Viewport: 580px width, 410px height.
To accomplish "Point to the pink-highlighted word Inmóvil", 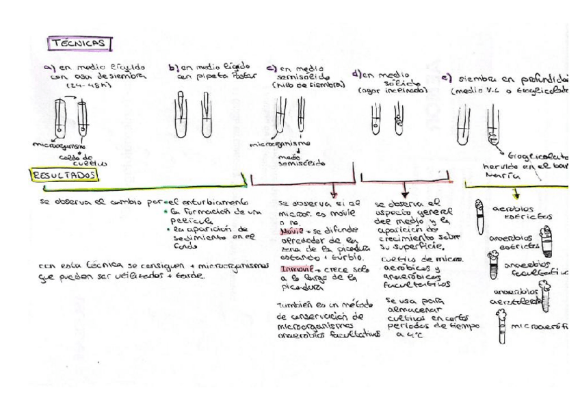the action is (x=296, y=270).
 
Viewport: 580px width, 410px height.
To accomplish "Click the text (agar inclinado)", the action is (x=393, y=90).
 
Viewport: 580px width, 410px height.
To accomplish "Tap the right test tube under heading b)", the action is (x=206, y=116).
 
